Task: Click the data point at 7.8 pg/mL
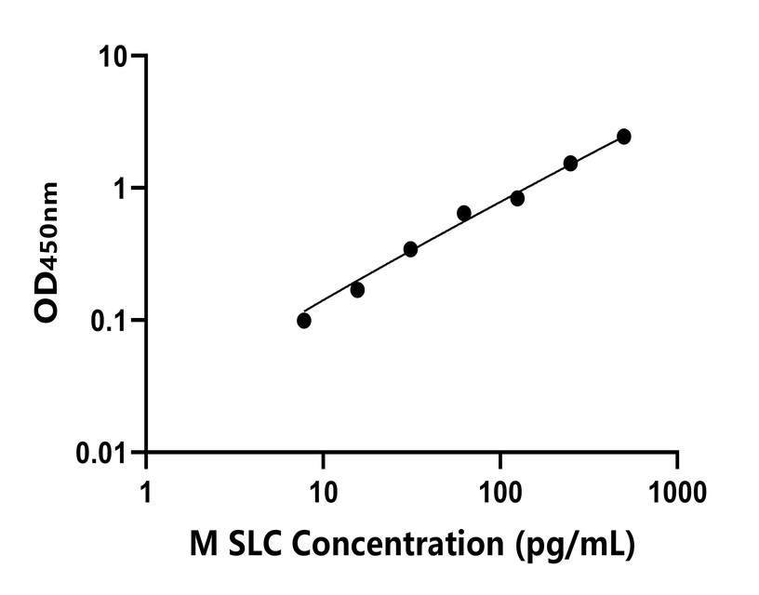point(304,321)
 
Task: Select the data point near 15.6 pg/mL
point(357,290)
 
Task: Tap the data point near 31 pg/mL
point(410,249)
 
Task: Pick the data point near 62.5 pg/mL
point(464,213)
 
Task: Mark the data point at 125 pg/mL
point(517,198)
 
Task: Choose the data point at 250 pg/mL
point(570,164)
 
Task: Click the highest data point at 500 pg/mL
point(624,137)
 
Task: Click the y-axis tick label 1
point(124,189)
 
